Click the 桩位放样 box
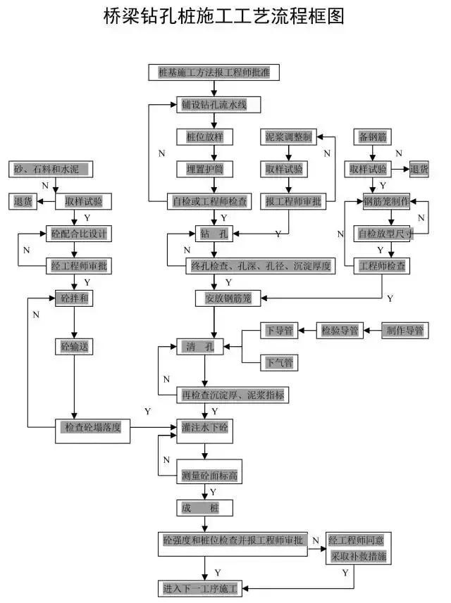[x=204, y=137]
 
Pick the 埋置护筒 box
[x=204, y=169]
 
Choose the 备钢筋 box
[x=373, y=137]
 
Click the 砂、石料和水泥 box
[x=52, y=170]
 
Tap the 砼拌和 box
[x=74, y=298]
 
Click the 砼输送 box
[x=74, y=346]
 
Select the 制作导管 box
[x=404, y=330]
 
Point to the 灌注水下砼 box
[x=204, y=426]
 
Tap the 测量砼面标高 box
[x=209, y=476]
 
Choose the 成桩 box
[x=203, y=507]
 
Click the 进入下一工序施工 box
[x=200, y=587]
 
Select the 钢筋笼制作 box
[x=385, y=201]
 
